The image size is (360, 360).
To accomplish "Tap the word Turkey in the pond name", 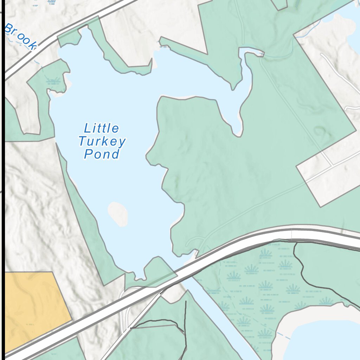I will point(102,142).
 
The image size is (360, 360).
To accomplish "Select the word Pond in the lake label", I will point(102,154).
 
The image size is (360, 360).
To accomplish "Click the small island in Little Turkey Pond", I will point(117,214).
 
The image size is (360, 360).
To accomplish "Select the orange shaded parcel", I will point(33,309).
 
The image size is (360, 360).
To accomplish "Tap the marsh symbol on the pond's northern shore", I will point(164,46).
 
